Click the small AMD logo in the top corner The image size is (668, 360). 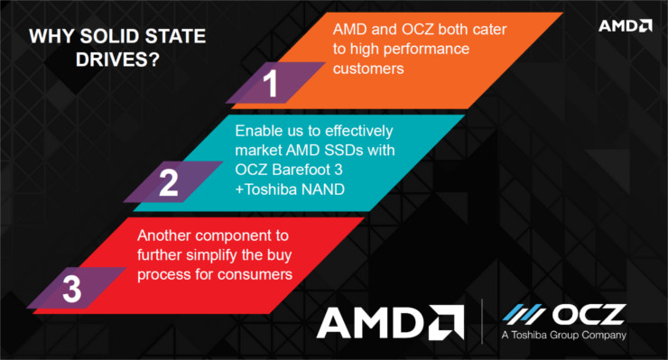[625, 25]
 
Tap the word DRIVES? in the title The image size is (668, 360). [117, 60]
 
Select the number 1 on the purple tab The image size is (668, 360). [271, 84]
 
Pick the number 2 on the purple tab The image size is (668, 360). [169, 183]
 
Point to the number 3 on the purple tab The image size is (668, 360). [71, 290]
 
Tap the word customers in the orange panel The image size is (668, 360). [368, 69]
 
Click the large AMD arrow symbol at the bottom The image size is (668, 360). [446, 322]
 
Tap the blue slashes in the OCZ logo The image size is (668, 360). [524, 314]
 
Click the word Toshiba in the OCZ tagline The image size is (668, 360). [529, 335]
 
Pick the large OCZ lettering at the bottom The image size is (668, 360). [589, 314]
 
